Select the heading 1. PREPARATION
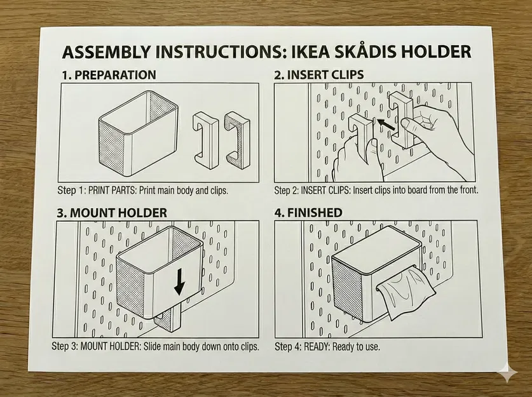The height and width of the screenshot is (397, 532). point(109,75)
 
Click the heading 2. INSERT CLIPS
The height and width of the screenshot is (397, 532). point(319,74)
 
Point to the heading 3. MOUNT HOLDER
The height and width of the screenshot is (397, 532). point(112,213)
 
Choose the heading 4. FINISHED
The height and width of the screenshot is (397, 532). point(308,213)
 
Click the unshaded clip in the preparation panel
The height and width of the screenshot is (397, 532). point(205,140)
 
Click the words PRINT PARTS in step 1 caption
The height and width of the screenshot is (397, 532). point(112,190)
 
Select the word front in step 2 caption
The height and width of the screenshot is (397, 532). point(467,189)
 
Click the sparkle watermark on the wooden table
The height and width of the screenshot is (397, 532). point(508,373)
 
